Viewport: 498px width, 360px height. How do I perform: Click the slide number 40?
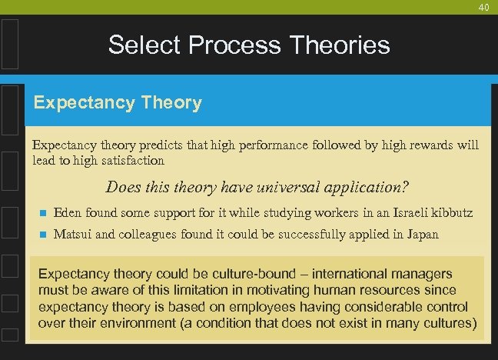pyautogui.click(x=483, y=7)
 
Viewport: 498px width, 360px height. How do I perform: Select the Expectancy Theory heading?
pyautogui.click(x=117, y=102)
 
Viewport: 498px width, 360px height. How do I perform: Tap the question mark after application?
pyautogui.click(x=404, y=187)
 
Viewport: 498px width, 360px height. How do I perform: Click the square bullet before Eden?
pyautogui.click(x=42, y=213)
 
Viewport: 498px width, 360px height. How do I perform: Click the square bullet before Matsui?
pyautogui.click(x=42, y=235)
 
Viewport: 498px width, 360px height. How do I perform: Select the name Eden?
pyautogui.click(x=67, y=212)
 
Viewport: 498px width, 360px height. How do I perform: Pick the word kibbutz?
pyautogui.click(x=452, y=212)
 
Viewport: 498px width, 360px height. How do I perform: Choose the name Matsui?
pyautogui.click(x=72, y=234)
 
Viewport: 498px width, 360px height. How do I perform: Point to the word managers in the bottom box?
pyautogui.click(x=423, y=274)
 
